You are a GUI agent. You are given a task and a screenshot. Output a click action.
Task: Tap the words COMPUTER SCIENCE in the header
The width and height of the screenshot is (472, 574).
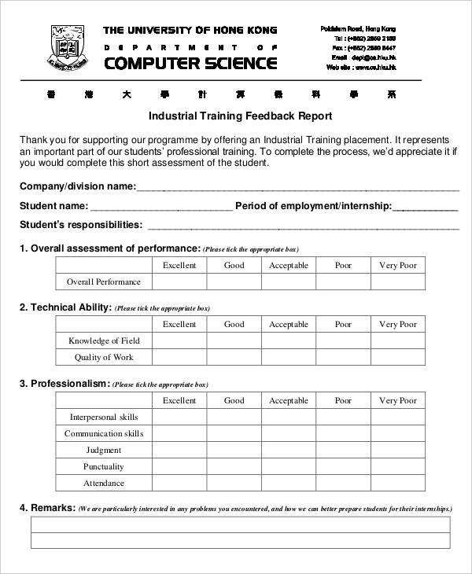pos(190,63)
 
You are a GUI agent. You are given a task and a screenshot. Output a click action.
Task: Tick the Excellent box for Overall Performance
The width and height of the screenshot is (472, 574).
pos(179,281)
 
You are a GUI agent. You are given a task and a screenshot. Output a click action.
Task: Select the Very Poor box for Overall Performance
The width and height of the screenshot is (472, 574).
pos(398,281)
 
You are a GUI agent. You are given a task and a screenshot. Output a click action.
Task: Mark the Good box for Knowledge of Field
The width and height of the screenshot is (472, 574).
pos(234,340)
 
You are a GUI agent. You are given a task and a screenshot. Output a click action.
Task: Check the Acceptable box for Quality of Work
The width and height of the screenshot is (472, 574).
pos(289,357)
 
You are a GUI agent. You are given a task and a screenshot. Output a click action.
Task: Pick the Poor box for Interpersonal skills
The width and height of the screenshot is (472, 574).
pos(343,417)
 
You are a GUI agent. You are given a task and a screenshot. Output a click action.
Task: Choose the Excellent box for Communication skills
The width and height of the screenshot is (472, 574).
pos(179,433)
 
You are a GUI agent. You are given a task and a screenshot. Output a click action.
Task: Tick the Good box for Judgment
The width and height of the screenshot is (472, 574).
pos(234,450)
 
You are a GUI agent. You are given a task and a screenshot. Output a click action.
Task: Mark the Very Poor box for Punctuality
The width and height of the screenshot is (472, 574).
pos(398,466)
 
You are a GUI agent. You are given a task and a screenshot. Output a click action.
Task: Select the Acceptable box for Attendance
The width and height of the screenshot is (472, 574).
pos(289,483)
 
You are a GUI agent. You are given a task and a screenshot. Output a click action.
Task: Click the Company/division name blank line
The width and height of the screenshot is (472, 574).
pos(297,189)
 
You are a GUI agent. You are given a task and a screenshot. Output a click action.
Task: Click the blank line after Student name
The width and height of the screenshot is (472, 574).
pos(161,208)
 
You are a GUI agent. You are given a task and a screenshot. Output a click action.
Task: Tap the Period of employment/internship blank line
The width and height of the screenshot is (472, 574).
pos(425,208)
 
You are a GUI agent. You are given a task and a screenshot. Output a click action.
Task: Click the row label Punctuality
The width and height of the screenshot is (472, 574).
pos(104,466)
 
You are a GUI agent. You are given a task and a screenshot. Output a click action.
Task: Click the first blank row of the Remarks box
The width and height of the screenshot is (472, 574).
pos(241,524)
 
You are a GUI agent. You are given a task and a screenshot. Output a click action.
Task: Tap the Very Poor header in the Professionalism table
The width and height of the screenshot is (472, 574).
pos(398,400)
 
